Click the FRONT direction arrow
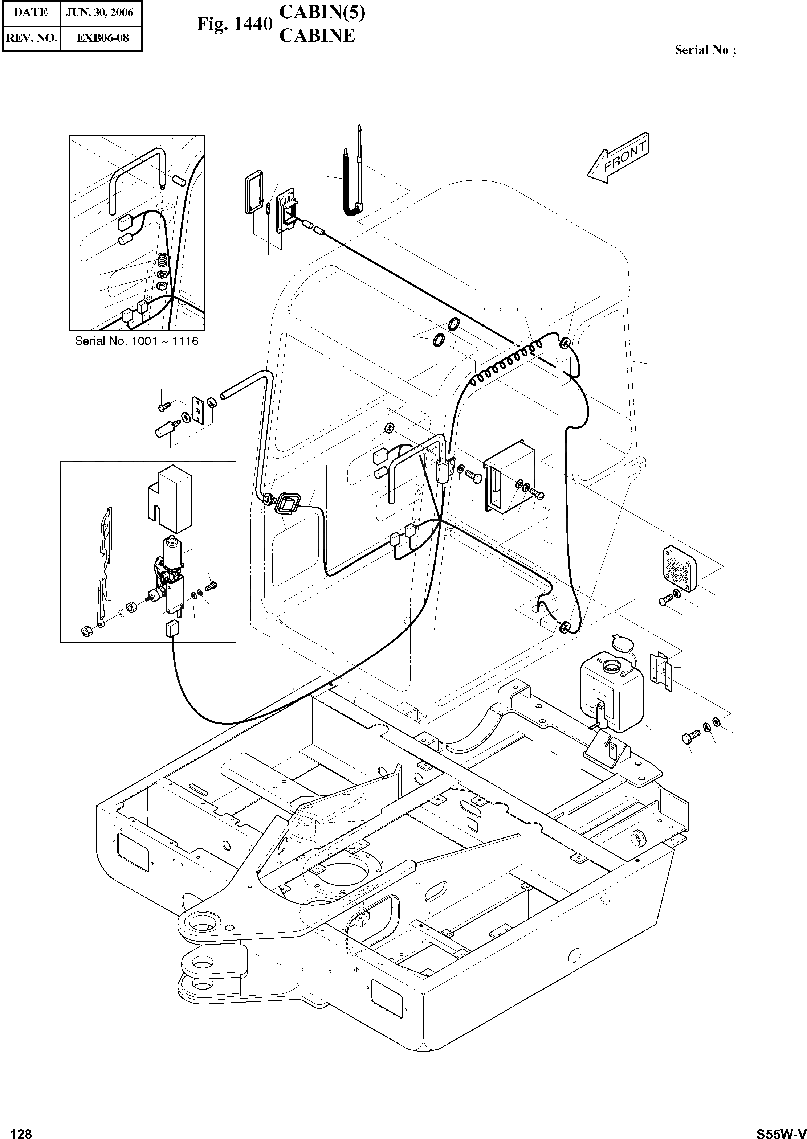619,158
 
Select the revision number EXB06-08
102,38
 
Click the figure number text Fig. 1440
234,24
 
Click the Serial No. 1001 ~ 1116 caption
136,341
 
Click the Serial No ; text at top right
705,50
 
